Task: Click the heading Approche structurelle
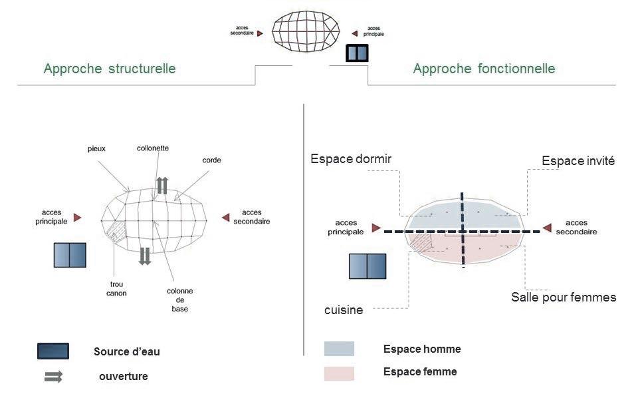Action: tap(110, 69)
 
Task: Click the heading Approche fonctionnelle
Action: tap(484, 69)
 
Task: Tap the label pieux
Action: tap(96, 148)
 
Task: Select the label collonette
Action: tap(153, 148)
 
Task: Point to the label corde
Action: tap(211, 160)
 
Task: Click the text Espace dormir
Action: tap(351, 159)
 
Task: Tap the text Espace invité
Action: tap(578, 161)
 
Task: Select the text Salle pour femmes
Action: tap(564, 297)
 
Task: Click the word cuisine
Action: tap(344, 309)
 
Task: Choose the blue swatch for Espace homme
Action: tap(339, 349)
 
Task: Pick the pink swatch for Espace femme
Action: tap(339, 373)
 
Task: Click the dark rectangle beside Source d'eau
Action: tap(53, 351)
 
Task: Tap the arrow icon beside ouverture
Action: tap(53, 377)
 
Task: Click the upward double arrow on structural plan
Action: tap(162, 185)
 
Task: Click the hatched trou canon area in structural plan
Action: tap(117, 228)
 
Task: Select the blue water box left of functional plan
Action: tap(368, 266)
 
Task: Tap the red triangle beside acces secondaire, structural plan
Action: tap(225, 217)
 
